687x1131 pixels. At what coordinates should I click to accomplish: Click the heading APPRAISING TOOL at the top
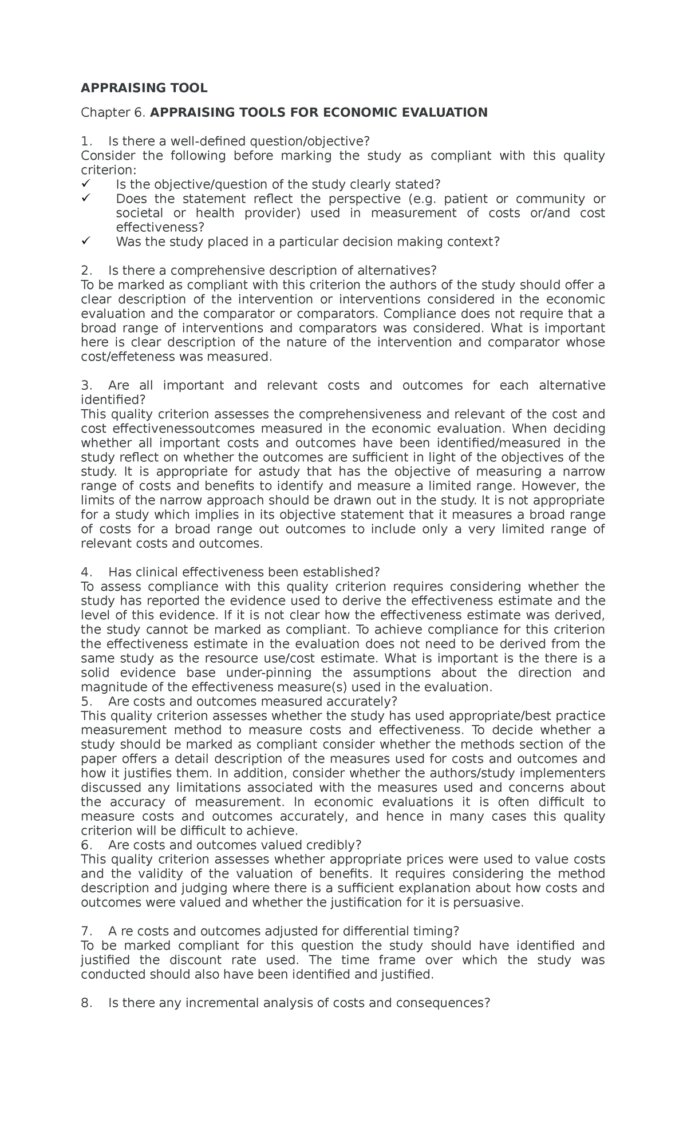(144, 88)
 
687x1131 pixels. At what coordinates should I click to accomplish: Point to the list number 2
(86, 270)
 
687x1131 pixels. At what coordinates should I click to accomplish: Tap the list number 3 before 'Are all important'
(86, 385)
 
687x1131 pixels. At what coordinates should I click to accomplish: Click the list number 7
(86, 931)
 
